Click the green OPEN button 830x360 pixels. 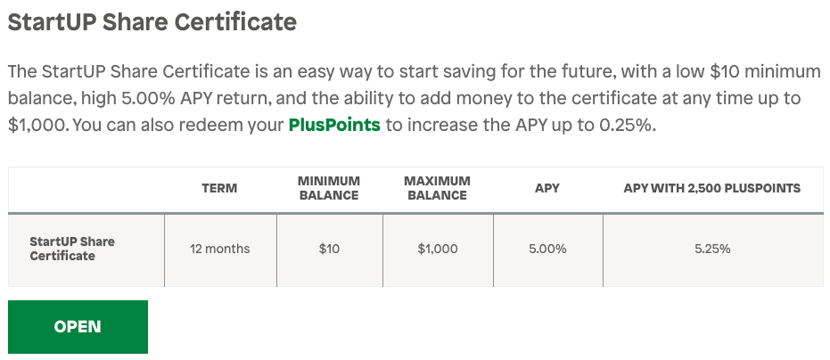[78, 327]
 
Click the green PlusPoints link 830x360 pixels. [334, 125]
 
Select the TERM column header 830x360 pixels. [219, 188]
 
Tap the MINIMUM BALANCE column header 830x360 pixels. [329, 188]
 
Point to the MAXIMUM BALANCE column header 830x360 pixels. [437, 188]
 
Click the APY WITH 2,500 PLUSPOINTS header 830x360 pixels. [712, 188]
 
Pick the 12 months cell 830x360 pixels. [219, 249]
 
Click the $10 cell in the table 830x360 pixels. [329, 249]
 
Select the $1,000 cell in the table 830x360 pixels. [438, 249]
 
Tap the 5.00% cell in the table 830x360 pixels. [547, 249]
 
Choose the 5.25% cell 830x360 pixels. [712, 249]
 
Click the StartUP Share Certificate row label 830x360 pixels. [72, 249]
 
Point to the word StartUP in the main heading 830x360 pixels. [51, 22]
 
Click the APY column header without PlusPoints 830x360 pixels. [547, 188]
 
